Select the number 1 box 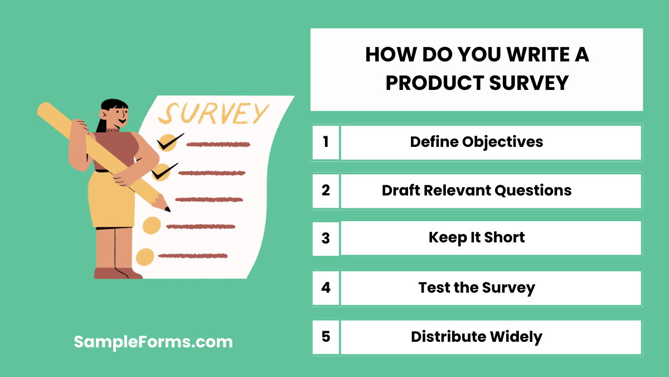[x=326, y=142]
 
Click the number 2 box [x=326, y=190]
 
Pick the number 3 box [x=326, y=238]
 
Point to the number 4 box [x=326, y=288]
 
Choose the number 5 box [x=326, y=337]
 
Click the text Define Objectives [x=477, y=142]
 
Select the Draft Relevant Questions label [x=477, y=190]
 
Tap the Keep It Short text [x=477, y=237]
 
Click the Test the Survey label [x=477, y=288]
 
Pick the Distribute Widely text [x=477, y=337]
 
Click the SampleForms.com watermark [x=153, y=342]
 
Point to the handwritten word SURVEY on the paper [x=213, y=113]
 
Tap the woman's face [x=118, y=116]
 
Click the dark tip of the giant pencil [x=167, y=209]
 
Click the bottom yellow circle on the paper [x=145, y=256]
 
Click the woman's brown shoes [x=117, y=273]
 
